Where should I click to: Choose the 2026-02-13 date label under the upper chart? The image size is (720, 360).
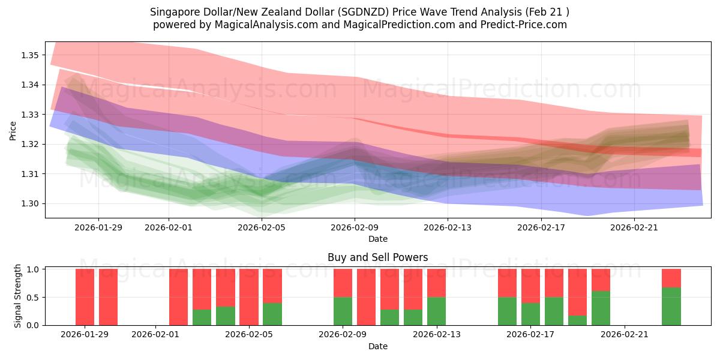click(x=448, y=227)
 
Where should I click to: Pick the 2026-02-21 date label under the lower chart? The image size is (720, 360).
click(x=625, y=335)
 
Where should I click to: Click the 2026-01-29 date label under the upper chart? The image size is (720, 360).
click(x=98, y=227)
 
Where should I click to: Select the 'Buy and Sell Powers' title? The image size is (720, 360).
click(x=377, y=257)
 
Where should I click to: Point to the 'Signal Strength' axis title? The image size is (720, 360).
click(x=18, y=296)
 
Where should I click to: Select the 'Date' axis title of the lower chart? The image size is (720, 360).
click(x=377, y=346)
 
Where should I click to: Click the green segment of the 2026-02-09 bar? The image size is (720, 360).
click(x=343, y=311)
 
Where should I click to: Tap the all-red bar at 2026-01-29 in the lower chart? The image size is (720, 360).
click(x=85, y=297)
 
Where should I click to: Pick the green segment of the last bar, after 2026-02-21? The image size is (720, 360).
click(x=671, y=306)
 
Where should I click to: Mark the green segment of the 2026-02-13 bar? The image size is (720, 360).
click(x=436, y=311)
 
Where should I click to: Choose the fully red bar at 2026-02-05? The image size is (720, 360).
click(x=248, y=297)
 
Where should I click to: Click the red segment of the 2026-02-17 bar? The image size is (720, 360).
click(x=531, y=286)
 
